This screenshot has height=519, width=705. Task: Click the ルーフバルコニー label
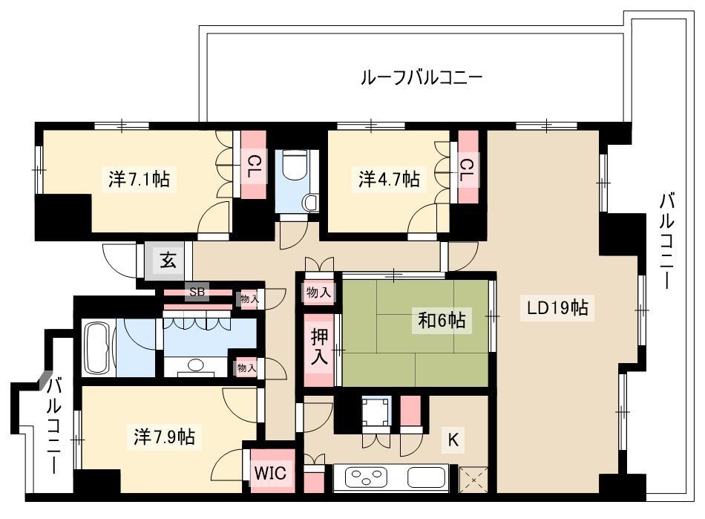click(422, 77)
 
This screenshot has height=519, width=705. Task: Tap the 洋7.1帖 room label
click(140, 179)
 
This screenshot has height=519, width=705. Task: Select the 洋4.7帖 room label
click(390, 178)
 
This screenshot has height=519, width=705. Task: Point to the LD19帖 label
click(557, 307)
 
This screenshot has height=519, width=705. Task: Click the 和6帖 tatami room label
click(442, 320)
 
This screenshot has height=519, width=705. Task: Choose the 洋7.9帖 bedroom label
click(164, 437)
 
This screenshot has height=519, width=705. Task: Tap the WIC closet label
click(270, 473)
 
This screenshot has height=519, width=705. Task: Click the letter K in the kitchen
click(453, 439)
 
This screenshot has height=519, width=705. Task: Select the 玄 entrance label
click(168, 260)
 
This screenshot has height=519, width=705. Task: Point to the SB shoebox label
click(197, 292)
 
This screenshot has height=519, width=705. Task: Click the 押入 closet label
click(319, 347)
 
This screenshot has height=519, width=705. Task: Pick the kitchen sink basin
click(426, 477)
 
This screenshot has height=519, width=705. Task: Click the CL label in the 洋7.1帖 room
click(254, 165)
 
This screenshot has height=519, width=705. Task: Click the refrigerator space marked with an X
click(473, 480)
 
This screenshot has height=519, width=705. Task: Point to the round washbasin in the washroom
click(195, 365)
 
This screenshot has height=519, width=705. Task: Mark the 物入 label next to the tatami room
click(318, 293)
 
